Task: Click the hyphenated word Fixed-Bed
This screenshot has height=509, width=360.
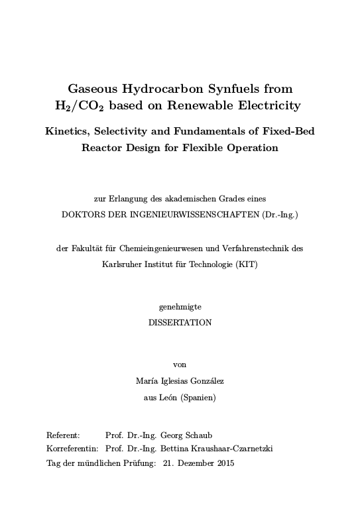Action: point(288,131)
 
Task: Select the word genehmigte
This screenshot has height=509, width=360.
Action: point(180,307)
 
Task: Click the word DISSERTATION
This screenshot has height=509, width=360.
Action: point(180,323)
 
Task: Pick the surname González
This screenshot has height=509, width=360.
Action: point(206,381)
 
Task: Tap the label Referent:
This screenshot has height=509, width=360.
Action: point(63,435)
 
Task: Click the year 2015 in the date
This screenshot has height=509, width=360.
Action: point(225,462)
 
